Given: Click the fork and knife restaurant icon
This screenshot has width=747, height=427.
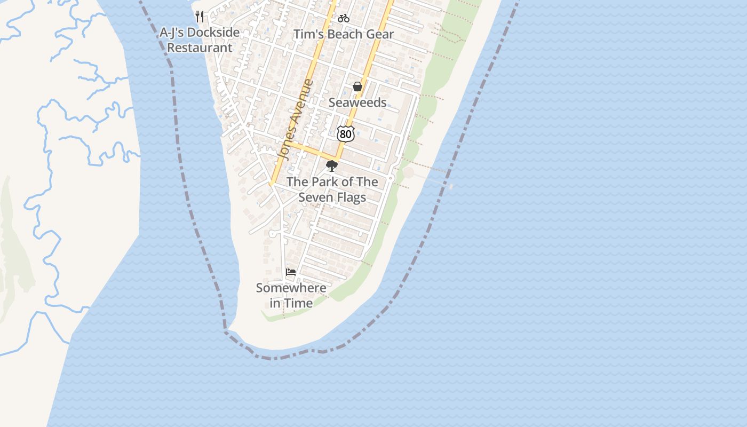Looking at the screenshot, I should (200, 17).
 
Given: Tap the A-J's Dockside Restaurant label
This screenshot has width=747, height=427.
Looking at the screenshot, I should (200, 40).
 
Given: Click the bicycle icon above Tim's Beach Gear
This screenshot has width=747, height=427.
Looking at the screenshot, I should (344, 18).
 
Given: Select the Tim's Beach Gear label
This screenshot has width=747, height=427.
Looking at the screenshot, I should (344, 34).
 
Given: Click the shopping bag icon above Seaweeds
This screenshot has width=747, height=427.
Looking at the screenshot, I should (357, 86).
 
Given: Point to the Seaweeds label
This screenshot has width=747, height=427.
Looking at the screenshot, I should (357, 102).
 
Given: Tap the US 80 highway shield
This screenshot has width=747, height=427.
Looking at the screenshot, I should (346, 134).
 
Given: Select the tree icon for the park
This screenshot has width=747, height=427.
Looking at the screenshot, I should (332, 166).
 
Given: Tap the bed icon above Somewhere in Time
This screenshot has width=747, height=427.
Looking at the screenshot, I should (291, 272).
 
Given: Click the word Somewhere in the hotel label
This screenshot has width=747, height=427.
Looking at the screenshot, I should (291, 288).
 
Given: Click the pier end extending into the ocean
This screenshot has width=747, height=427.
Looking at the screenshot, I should (450, 186).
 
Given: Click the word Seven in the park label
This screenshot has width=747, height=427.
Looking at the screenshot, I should (316, 197).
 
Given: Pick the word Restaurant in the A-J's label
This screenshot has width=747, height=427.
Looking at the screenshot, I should (200, 48).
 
